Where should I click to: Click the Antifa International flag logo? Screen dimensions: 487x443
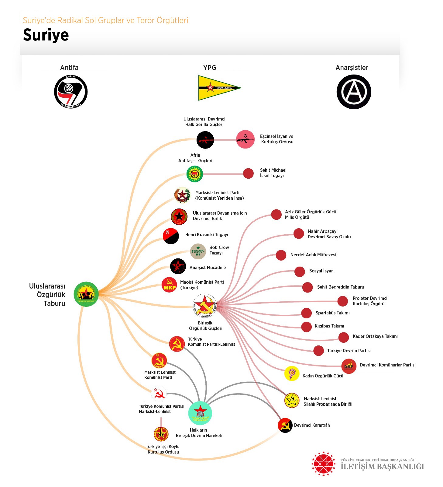[71, 92]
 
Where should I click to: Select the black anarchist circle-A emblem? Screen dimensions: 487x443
[354, 92]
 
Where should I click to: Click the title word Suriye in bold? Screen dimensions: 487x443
[46, 35]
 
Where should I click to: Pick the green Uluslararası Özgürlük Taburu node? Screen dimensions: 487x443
[86, 294]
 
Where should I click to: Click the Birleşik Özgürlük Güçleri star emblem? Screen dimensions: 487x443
[204, 305]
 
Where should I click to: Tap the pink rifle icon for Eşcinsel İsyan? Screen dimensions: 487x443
[245, 139]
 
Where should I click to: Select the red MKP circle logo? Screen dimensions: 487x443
[169, 285]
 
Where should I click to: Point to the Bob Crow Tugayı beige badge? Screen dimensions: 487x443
[198, 251]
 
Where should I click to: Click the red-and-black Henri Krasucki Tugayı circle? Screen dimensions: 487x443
[171, 236]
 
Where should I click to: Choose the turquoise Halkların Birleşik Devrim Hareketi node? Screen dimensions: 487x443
[200, 413]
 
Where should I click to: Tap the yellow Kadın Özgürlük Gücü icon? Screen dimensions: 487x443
[292, 373]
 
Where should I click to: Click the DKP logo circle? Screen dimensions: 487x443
[349, 366]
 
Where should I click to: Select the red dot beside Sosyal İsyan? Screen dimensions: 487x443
[300, 272]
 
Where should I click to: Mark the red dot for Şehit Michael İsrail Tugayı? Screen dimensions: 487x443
[248, 173]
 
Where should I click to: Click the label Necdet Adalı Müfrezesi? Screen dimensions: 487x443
[313, 255]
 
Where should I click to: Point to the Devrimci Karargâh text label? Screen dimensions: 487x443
[312, 425]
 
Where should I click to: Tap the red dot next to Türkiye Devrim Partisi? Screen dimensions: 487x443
[318, 351]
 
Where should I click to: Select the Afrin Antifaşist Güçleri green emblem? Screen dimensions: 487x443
[194, 174]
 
